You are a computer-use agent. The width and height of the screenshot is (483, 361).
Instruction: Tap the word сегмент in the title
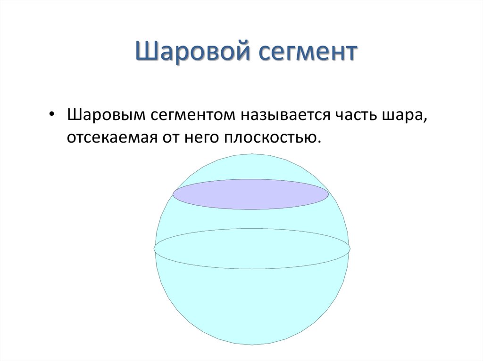(x=308, y=52)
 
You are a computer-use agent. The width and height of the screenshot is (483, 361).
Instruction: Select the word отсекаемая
(x=112, y=138)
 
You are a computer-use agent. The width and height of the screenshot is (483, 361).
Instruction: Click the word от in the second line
(x=171, y=138)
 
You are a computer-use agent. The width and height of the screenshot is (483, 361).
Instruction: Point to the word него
(x=201, y=138)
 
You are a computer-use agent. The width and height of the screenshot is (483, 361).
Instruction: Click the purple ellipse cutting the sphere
(x=251, y=194)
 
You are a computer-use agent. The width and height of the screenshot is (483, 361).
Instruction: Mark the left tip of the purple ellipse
(x=173, y=194)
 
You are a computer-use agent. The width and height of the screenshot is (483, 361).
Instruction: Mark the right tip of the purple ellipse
(x=328, y=194)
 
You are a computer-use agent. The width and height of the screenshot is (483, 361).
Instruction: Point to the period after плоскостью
(x=319, y=142)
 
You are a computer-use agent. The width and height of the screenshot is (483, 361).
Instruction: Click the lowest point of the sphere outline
(x=252, y=345)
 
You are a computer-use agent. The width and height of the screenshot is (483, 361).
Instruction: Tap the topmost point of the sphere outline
(x=252, y=154)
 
